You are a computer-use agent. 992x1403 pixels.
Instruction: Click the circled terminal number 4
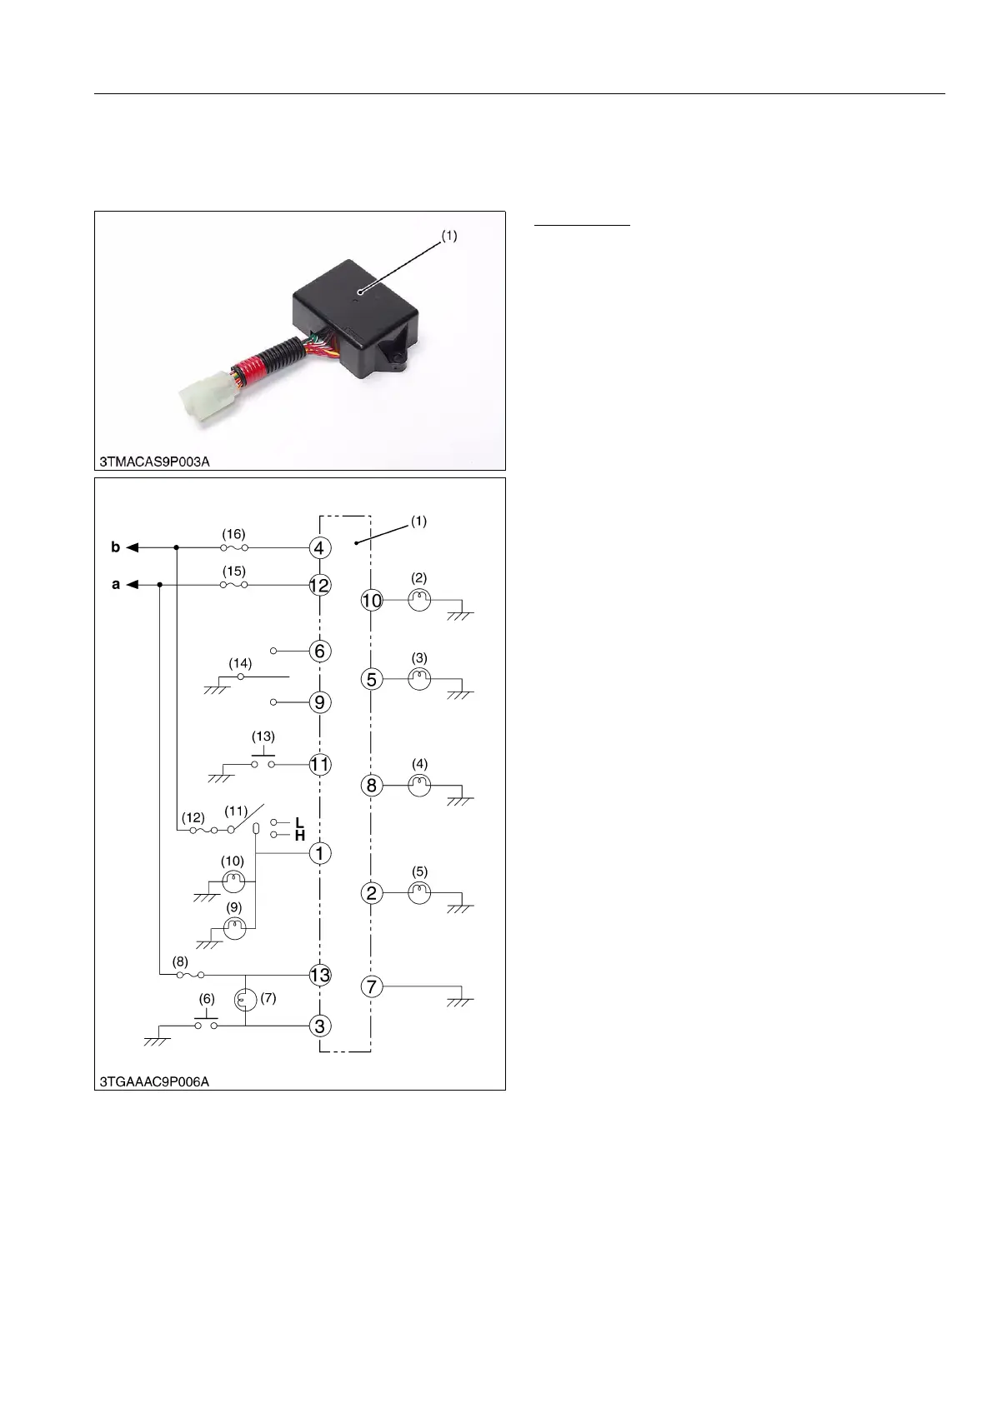click(x=320, y=548)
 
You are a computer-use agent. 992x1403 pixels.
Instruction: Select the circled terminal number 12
click(x=320, y=586)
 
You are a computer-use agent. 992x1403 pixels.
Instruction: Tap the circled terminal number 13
click(x=320, y=975)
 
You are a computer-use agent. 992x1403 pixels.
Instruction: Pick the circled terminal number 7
click(x=372, y=987)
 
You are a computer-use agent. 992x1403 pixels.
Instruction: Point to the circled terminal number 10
click(x=372, y=600)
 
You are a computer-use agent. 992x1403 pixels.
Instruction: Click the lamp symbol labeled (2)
click(x=419, y=600)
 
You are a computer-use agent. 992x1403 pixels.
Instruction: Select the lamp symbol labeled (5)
click(x=419, y=893)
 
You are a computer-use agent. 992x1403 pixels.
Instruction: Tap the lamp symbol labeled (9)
click(x=234, y=928)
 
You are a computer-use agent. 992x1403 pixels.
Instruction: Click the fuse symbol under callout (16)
click(x=234, y=548)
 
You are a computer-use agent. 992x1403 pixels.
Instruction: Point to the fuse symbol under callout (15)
click(x=234, y=586)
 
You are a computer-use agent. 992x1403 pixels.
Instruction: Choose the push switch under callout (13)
click(x=263, y=760)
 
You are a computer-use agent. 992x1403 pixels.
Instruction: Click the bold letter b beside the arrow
click(x=116, y=547)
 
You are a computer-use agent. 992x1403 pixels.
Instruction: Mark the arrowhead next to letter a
click(x=133, y=586)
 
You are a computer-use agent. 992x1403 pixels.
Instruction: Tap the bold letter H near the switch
click(x=300, y=836)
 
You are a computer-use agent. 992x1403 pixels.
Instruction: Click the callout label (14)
click(x=240, y=663)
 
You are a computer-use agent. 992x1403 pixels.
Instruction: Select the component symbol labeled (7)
click(x=245, y=1000)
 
